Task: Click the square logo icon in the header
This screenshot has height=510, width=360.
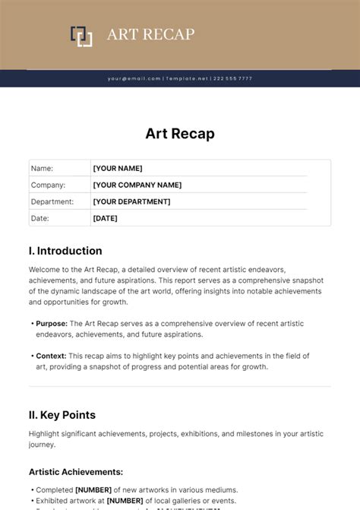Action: (81, 36)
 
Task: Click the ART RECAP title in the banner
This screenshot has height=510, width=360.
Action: (151, 34)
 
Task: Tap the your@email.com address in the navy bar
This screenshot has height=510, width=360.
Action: (134, 78)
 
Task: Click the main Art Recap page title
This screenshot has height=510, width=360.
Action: (180, 134)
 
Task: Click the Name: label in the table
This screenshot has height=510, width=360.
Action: (42, 168)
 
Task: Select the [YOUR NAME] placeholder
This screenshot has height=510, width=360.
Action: (117, 168)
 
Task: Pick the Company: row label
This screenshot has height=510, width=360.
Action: (48, 185)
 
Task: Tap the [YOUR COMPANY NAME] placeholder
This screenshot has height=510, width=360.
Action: (137, 185)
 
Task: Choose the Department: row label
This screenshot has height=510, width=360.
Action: (52, 201)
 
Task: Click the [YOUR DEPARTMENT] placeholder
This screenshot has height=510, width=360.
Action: (131, 201)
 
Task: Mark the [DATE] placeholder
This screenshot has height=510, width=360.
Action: (105, 218)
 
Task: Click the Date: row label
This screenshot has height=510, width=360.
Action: (39, 218)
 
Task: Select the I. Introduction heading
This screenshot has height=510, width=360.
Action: (65, 251)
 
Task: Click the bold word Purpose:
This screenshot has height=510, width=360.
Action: (52, 323)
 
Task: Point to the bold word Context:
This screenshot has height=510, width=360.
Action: (52, 356)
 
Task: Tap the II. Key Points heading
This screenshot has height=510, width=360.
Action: (62, 415)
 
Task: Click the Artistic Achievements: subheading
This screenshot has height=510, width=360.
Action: (76, 471)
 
